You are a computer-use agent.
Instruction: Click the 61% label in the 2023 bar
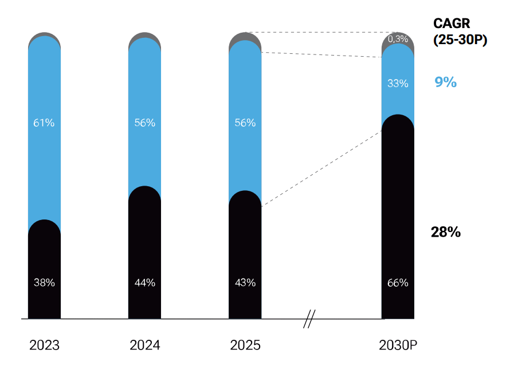click(x=44, y=123)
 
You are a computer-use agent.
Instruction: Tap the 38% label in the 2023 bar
click(x=44, y=283)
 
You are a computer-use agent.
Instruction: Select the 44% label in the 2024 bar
click(x=145, y=283)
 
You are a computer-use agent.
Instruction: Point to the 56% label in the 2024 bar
click(x=145, y=123)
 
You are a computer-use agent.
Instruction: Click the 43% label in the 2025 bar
click(x=245, y=283)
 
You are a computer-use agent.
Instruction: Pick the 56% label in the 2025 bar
click(x=245, y=123)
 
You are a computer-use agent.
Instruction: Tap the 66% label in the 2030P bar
click(x=398, y=283)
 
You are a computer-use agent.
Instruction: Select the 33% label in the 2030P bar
click(x=398, y=84)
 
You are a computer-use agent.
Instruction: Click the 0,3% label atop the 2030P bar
click(x=398, y=39)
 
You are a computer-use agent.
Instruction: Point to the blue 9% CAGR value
click(x=446, y=82)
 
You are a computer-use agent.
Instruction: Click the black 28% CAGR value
click(x=446, y=232)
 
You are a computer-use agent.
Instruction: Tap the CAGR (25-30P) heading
click(x=460, y=32)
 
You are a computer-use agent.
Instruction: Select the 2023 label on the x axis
click(x=44, y=346)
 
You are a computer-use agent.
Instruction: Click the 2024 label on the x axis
click(x=145, y=346)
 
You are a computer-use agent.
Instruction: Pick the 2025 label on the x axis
click(x=245, y=346)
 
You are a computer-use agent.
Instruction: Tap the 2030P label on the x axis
click(x=398, y=346)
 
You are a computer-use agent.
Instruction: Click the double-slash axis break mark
click(x=309, y=319)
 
